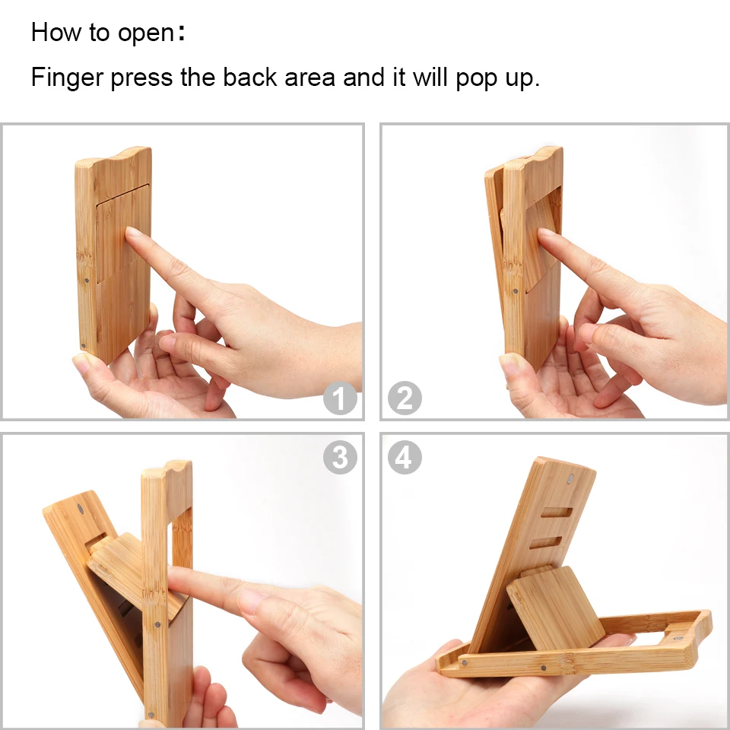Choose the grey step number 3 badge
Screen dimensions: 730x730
(x=340, y=457)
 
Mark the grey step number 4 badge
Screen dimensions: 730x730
(x=405, y=457)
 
